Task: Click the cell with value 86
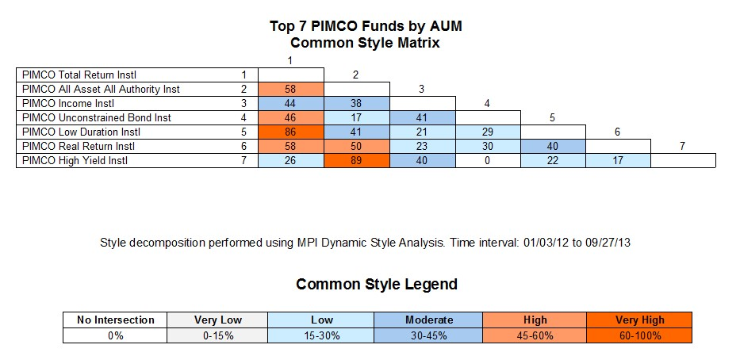coord(291,132)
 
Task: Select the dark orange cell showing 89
coord(357,160)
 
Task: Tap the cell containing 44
coord(291,103)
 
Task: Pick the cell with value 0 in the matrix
coord(488,160)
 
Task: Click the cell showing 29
coord(488,132)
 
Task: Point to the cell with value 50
coord(357,146)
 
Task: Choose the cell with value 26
coord(291,160)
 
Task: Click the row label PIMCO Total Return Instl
coord(79,75)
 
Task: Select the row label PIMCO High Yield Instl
coord(75,160)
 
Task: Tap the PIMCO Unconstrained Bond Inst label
coord(97,117)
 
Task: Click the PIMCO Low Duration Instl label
coord(81,132)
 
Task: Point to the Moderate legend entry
coord(428,320)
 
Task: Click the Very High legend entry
coord(639,320)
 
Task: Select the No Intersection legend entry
coord(115,320)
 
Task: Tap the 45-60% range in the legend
coord(535,336)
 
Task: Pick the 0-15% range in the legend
coord(217,336)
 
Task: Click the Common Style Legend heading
coord(377,284)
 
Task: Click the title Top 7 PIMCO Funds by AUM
coord(366,26)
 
